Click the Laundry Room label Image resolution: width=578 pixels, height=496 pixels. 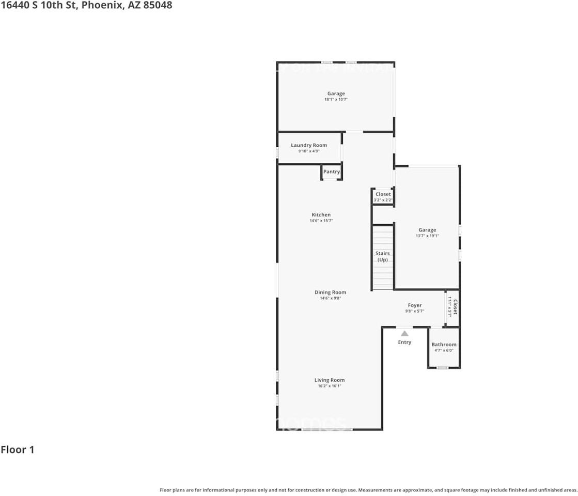(x=309, y=145)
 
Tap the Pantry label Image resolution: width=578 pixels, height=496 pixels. (x=332, y=172)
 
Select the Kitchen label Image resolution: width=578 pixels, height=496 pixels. (x=321, y=215)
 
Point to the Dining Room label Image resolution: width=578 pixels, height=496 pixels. (x=330, y=292)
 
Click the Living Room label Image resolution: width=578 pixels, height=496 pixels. (x=330, y=380)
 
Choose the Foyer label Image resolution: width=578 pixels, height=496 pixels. (x=414, y=305)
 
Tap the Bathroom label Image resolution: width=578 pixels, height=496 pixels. (x=444, y=345)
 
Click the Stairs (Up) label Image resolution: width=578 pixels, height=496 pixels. (x=382, y=257)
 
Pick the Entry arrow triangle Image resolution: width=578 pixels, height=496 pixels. (x=404, y=333)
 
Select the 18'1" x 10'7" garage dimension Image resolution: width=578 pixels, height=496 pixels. (x=336, y=99)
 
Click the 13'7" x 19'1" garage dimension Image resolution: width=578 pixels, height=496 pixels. (x=427, y=236)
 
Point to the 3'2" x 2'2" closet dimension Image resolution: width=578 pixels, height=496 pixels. (x=383, y=200)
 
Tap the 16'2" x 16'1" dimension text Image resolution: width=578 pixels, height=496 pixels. (x=330, y=386)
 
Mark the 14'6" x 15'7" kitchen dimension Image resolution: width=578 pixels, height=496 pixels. (x=321, y=221)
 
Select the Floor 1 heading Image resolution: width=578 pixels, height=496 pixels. (x=18, y=450)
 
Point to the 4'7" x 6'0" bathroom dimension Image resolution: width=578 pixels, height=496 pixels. (x=444, y=350)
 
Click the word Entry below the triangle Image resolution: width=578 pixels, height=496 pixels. (x=404, y=342)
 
